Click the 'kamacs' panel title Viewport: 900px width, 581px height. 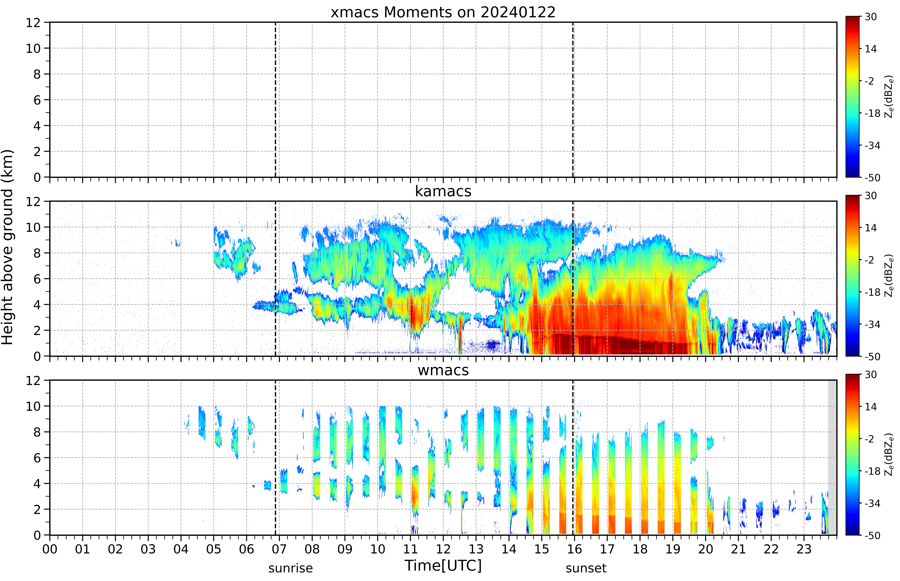443,191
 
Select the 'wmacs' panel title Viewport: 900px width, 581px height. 443,370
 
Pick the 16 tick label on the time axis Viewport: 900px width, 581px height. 574,549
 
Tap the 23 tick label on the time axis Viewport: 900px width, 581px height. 804,549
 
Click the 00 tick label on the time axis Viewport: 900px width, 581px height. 50,549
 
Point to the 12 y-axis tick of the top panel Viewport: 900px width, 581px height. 33,23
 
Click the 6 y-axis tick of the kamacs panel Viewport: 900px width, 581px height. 37,279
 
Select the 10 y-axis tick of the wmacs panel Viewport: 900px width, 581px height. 33,406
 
